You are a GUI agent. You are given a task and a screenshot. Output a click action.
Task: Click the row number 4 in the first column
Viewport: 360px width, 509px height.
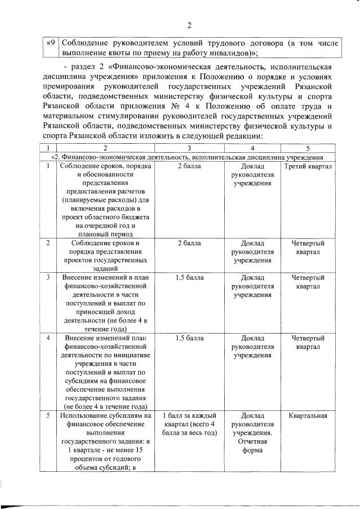(x=48, y=338)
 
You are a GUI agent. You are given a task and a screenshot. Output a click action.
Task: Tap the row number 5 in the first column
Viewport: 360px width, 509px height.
(x=48, y=415)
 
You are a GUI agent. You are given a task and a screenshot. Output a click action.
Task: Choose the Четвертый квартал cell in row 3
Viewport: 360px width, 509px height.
(x=308, y=282)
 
